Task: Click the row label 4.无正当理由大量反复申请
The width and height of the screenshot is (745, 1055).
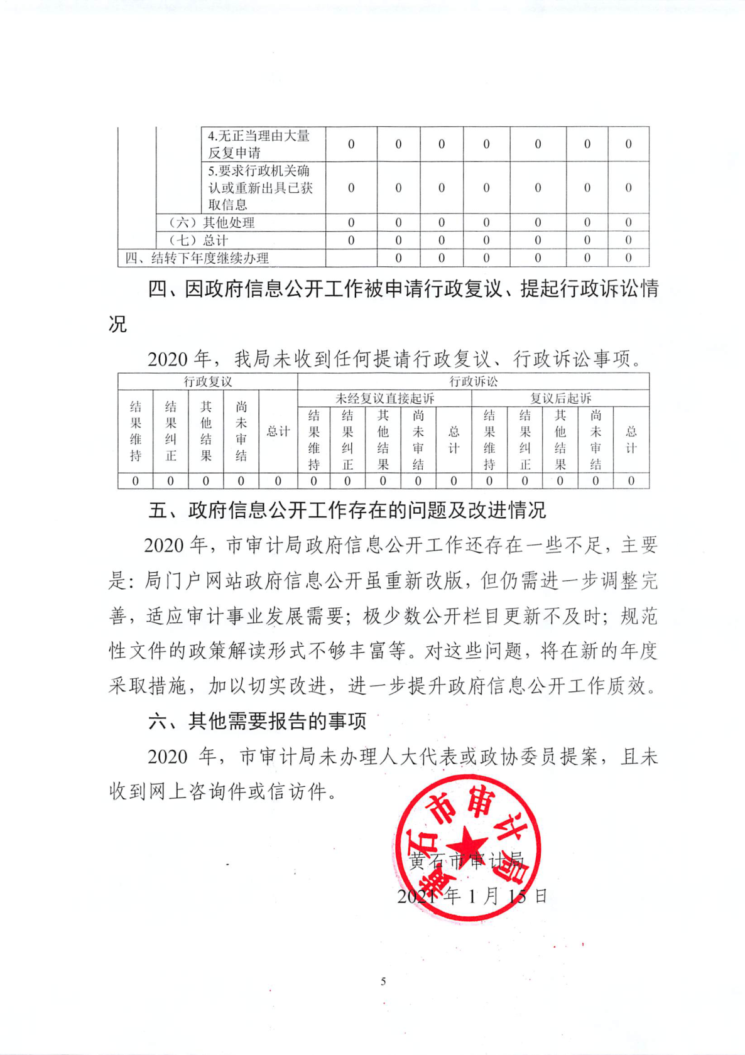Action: [x=259, y=144]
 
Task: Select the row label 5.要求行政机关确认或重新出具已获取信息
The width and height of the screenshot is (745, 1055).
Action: [x=260, y=187]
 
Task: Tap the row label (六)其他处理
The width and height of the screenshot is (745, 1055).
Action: [x=212, y=222]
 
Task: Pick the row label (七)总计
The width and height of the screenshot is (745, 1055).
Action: [x=198, y=240]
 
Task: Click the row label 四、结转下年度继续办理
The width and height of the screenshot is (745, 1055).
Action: [x=197, y=257]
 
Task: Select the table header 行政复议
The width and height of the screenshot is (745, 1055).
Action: [x=207, y=381]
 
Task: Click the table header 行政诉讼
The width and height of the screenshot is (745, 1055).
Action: [x=473, y=381]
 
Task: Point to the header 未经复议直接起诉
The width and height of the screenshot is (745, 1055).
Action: [x=384, y=398]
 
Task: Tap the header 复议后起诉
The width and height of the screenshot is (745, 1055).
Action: [x=560, y=398]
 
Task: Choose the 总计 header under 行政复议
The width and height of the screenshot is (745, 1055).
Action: [x=278, y=431]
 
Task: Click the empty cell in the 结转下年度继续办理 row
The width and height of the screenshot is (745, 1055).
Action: [x=351, y=257]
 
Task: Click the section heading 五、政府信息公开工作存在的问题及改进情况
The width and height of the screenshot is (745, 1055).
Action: [x=347, y=510]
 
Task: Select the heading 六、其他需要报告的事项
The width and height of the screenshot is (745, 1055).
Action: [x=257, y=721]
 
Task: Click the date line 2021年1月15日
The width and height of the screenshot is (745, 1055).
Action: [x=472, y=895]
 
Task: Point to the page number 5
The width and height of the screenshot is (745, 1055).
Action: [x=383, y=981]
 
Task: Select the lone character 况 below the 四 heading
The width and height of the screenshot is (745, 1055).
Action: [x=117, y=324]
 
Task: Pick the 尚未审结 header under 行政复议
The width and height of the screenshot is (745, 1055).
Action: [x=241, y=431]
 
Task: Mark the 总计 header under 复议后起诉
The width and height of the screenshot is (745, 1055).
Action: [x=631, y=440]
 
